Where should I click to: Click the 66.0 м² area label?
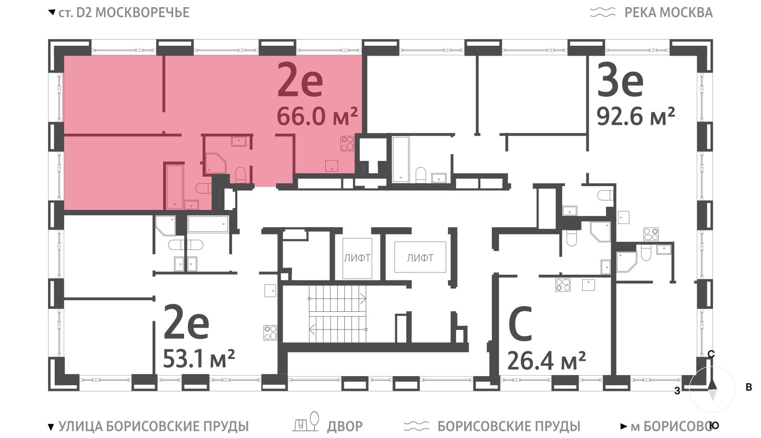(317, 116)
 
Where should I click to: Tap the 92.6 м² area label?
(635, 116)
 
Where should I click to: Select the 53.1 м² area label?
(199, 358)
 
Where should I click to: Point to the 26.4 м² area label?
(546, 360)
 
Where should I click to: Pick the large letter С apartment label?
(520, 324)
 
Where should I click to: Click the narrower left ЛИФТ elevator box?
(357, 258)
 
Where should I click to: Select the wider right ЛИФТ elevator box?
(420, 257)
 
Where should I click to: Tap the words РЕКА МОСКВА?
(669, 12)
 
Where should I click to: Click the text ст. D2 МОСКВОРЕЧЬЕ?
(124, 12)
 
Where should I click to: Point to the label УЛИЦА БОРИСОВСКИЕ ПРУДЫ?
(154, 426)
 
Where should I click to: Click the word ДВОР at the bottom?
(345, 426)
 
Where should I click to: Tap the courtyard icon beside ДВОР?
(306, 422)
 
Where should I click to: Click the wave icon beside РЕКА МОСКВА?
(603, 12)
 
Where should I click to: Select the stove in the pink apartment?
(347, 143)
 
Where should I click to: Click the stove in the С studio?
(563, 285)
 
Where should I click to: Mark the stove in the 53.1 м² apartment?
(271, 333)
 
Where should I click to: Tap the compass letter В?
(749, 387)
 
